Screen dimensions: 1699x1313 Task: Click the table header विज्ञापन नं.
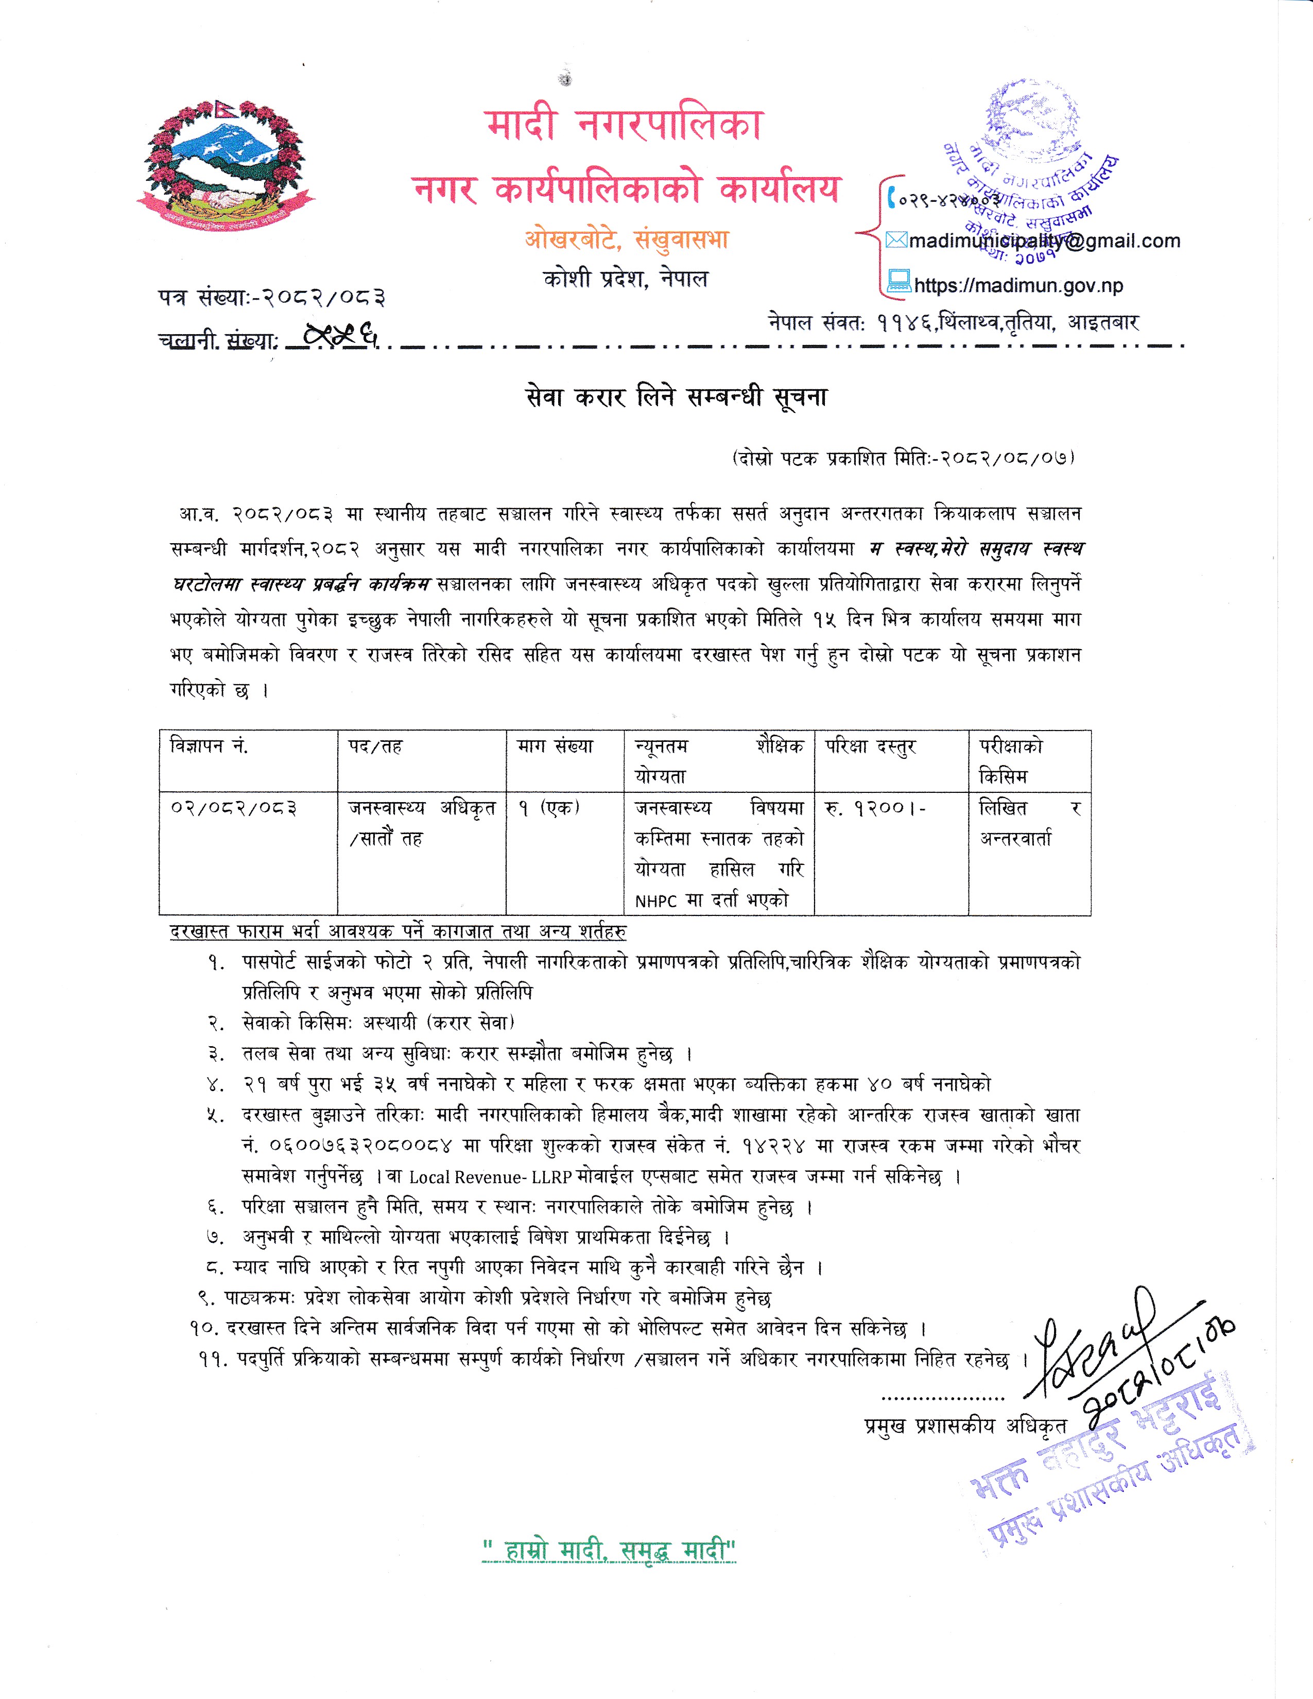tap(209, 746)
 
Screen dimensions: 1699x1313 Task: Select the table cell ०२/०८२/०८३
tap(234, 807)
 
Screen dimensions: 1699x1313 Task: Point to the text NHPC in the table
tap(655, 901)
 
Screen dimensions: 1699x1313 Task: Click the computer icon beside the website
tap(899, 280)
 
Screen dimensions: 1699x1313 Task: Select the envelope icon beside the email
tap(896, 240)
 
